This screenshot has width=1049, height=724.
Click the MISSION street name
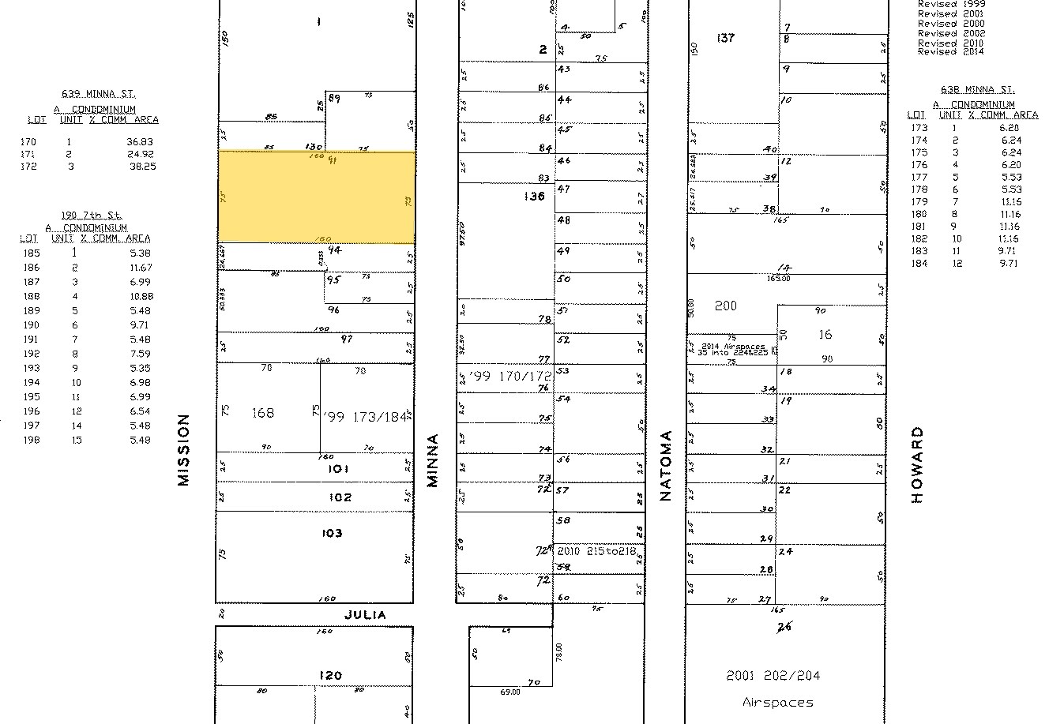tap(184, 450)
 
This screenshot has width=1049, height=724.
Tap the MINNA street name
tap(432, 460)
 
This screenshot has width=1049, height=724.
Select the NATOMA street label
tap(665, 465)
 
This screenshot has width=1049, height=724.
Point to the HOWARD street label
tap(916, 465)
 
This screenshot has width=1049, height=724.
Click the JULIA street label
tap(366, 614)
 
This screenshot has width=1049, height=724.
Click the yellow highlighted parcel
tap(316, 197)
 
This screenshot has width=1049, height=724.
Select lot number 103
tap(332, 533)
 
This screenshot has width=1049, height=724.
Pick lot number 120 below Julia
tap(330, 675)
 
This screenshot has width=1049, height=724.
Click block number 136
tap(534, 196)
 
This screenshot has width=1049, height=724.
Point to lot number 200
tap(725, 306)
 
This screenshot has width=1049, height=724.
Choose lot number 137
tap(725, 37)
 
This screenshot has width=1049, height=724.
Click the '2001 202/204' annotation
tap(773, 676)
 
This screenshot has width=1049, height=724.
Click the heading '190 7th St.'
tap(93, 216)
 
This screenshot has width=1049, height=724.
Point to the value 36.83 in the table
tap(139, 142)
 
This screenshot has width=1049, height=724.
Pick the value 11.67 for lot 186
tap(139, 268)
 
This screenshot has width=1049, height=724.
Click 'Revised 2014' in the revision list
tap(951, 51)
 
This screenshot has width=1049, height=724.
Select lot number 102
tap(340, 497)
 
